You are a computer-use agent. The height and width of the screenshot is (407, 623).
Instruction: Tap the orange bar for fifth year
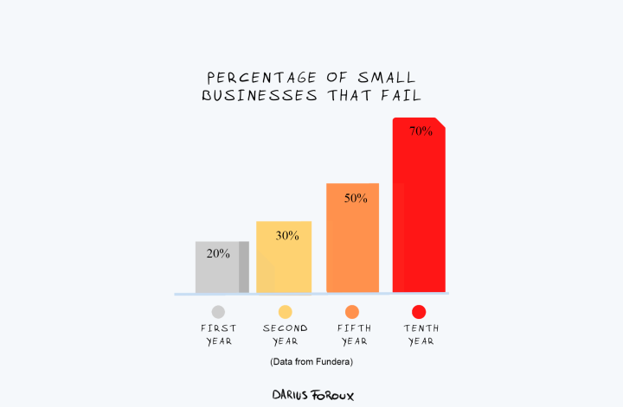click(x=352, y=246)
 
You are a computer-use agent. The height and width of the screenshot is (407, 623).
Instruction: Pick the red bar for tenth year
click(x=419, y=216)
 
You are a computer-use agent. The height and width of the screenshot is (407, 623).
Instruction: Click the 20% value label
click(x=218, y=254)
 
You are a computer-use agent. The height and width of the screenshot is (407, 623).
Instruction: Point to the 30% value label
click(x=287, y=235)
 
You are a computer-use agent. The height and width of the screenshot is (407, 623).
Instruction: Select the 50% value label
click(x=356, y=198)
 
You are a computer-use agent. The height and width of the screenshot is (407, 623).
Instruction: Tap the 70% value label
click(x=421, y=131)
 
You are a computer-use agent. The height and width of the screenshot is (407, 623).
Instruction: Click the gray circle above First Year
click(x=218, y=312)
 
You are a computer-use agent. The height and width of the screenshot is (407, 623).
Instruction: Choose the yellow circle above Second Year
click(x=285, y=312)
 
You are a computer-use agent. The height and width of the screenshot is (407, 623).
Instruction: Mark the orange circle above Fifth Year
click(x=352, y=312)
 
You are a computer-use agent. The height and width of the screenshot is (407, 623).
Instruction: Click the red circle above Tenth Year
click(x=419, y=312)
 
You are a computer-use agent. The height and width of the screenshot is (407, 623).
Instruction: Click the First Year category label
click(x=218, y=334)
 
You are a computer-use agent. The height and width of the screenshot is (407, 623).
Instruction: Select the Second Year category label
click(x=285, y=334)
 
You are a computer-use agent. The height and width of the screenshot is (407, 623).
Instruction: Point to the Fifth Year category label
click(x=352, y=334)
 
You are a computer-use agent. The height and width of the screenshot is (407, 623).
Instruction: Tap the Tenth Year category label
click(x=419, y=334)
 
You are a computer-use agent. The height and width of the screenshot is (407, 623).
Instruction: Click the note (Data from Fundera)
click(x=311, y=361)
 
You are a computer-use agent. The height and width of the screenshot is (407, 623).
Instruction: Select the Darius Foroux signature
click(x=312, y=394)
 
